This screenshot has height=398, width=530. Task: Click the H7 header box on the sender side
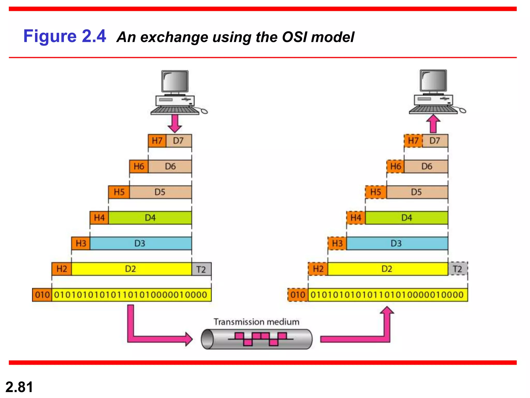pyautogui.click(x=157, y=141)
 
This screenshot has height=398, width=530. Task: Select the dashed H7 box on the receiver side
pyautogui.click(x=413, y=141)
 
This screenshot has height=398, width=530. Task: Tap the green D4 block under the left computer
pyautogui.click(x=150, y=218)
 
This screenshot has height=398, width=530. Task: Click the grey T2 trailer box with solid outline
pyautogui.click(x=201, y=269)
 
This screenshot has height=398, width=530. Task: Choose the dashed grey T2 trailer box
pyautogui.click(x=458, y=269)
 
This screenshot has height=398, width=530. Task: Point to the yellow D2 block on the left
pyautogui.click(x=131, y=269)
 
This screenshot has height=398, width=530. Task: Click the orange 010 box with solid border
pyautogui.click(x=42, y=295)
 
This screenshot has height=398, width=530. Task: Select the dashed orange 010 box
pyautogui.click(x=298, y=295)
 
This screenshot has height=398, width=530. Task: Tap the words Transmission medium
pyautogui.click(x=256, y=322)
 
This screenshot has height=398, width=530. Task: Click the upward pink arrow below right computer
pyautogui.click(x=433, y=124)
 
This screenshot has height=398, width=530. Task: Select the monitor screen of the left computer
pyautogui.click(x=175, y=81)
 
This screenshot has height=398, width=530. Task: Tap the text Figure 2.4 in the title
pyautogui.click(x=65, y=36)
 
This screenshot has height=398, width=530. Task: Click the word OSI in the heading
pyautogui.click(x=295, y=37)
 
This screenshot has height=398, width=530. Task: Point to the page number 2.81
pyautogui.click(x=19, y=387)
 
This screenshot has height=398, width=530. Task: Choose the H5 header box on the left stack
pyautogui.click(x=119, y=192)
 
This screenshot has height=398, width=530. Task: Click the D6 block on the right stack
pyautogui.click(x=426, y=166)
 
